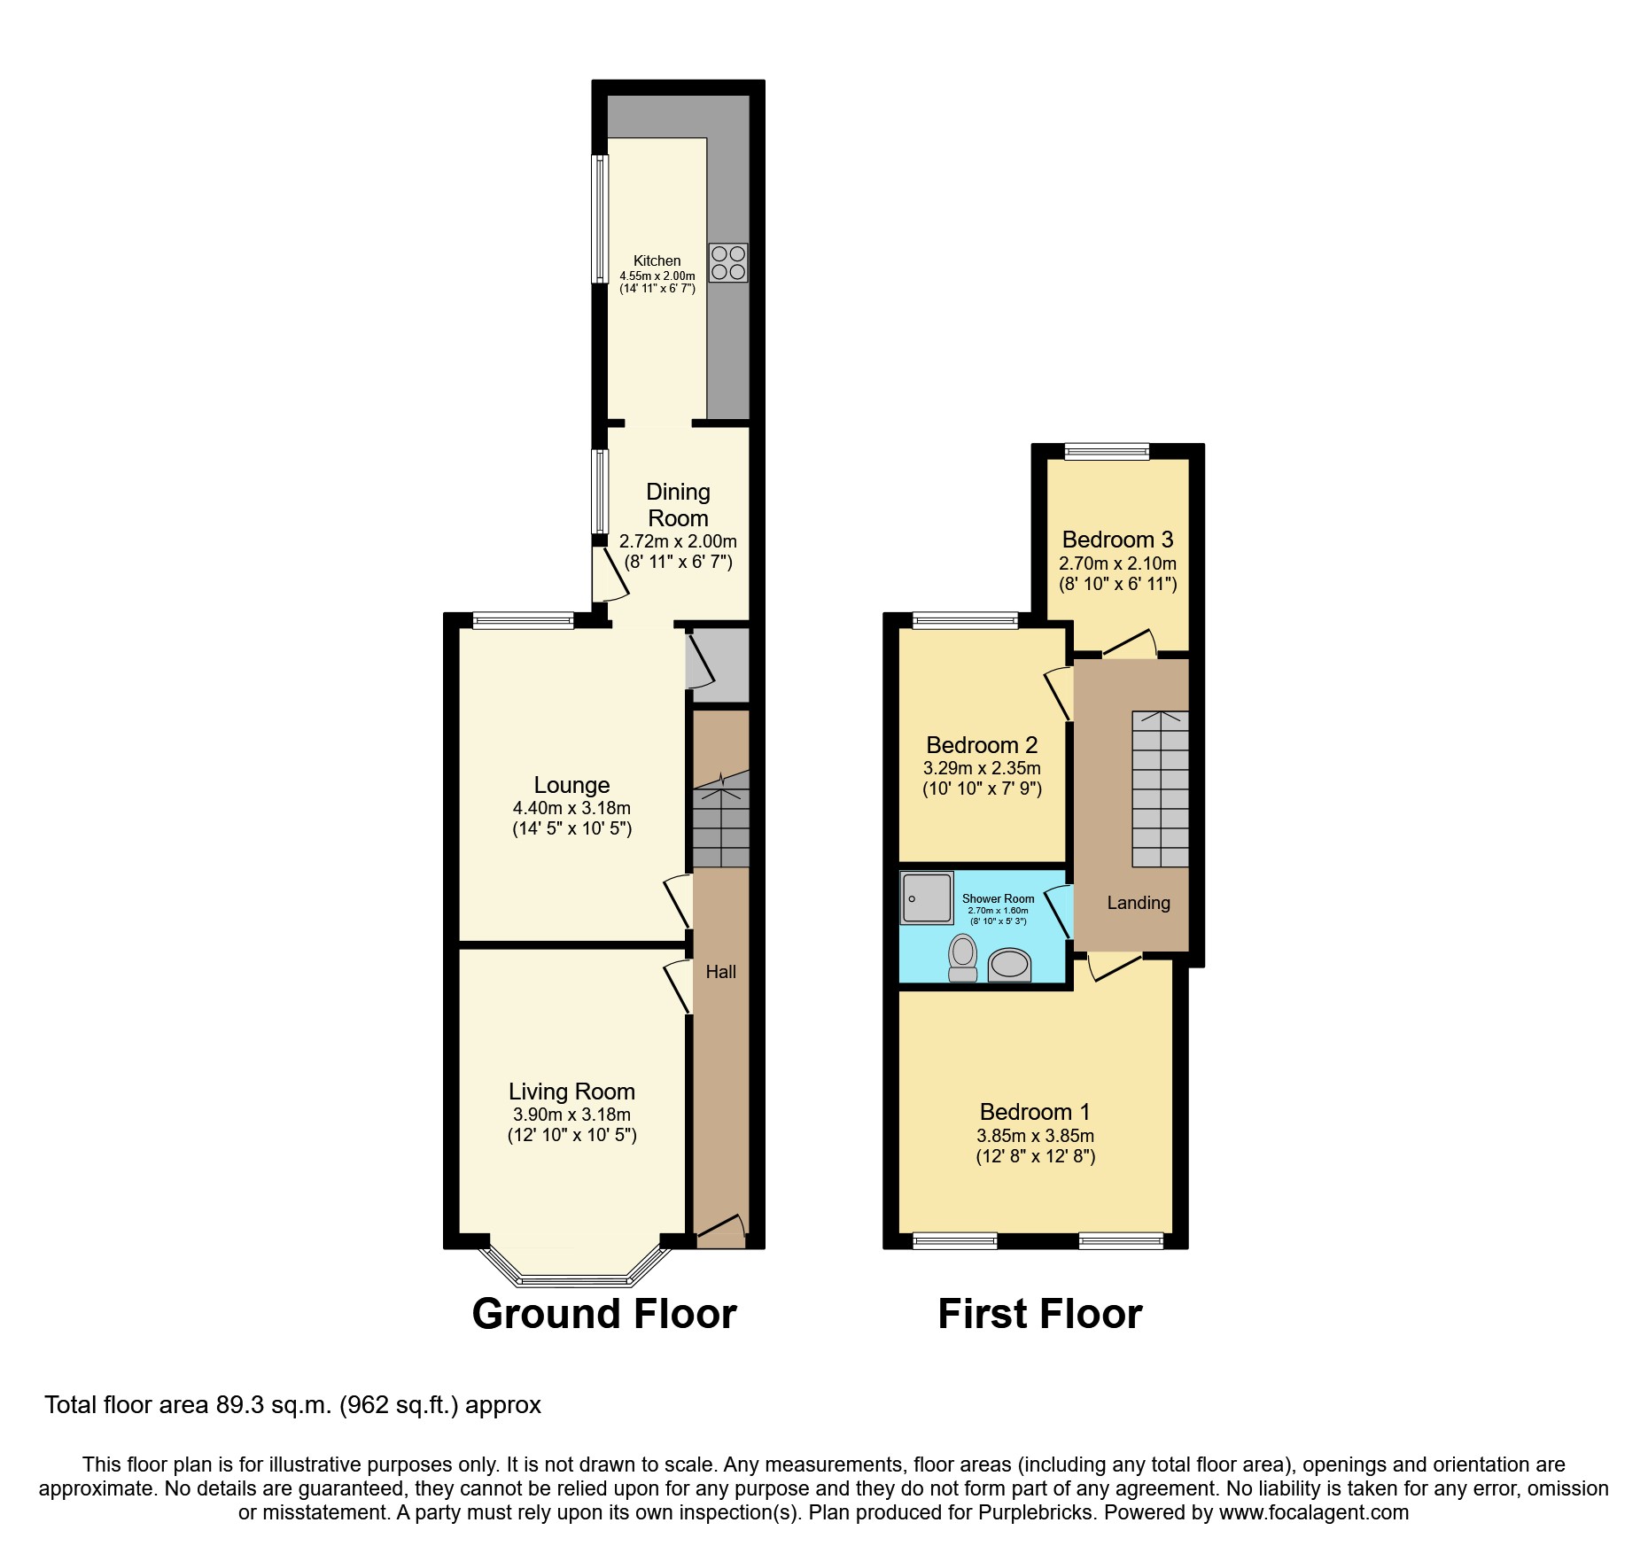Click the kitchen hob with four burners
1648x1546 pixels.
tap(728, 262)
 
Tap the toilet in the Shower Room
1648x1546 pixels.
tap(962, 959)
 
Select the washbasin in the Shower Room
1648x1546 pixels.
tap(1009, 964)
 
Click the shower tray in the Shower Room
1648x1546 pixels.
tap(927, 897)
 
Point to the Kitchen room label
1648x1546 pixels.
tap(657, 260)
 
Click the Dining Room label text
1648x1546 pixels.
tap(678, 505)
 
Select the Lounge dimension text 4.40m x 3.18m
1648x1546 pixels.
tap(571, 808)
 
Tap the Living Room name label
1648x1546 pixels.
tap(571, 1092)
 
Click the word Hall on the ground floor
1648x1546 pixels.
tap(720, 972)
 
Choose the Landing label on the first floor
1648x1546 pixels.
tap(1138, 903)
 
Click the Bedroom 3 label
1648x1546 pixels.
tap(1117, 540)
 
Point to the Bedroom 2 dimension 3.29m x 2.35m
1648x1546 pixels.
tap(982, 768)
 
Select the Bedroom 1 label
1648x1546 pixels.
tap(1035, 1112)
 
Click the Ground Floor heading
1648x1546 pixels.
tap(604, 1314)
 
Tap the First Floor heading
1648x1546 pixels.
tap(1039, 1314)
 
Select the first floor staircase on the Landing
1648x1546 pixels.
tap(1160, 789)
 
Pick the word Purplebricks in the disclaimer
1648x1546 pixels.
tap(1036, 1512)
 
